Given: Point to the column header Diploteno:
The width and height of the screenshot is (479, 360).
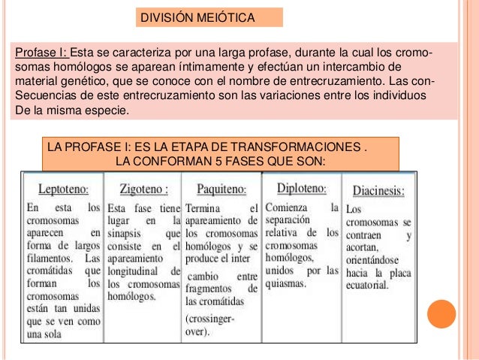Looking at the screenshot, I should [301, 187].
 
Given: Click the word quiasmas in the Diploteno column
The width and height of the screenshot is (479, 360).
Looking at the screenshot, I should [285, 284].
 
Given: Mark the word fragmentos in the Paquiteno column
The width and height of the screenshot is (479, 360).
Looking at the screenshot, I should [211, 289].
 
